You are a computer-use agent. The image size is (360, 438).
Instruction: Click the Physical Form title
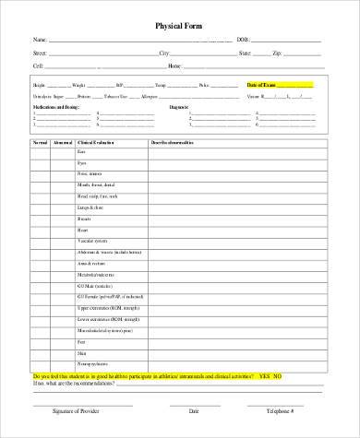(179, 25)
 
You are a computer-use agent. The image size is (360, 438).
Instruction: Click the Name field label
(39, 41)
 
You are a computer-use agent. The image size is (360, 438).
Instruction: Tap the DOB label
(244, 41)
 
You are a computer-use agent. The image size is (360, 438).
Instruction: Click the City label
(164, 53)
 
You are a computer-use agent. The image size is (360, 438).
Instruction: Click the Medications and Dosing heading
(54, 107)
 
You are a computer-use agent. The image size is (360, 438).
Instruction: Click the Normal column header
(41, 143)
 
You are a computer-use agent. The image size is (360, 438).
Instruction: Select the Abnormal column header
(64, 143)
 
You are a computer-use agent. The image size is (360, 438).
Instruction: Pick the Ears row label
(82, 152)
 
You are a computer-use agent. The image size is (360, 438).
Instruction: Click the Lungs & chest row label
(90, 207)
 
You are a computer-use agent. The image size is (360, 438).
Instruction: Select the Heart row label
(83, 230)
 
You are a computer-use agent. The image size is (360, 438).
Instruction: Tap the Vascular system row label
(92, 241)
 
